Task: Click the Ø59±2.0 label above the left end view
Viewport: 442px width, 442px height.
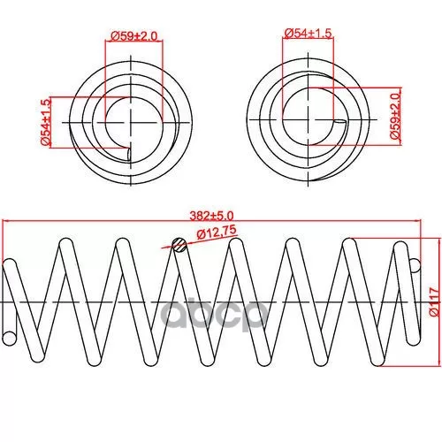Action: [x=133, y=36]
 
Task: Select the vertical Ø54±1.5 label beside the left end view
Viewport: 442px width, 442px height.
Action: [x=46, y=122]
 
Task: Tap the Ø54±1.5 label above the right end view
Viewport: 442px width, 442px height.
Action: [x=308, y=34]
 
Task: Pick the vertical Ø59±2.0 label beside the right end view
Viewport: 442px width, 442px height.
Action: [x=395, y=115]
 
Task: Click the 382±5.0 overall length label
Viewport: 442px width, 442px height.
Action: [x=211, y=216]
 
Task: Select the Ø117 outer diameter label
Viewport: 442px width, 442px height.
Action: [x=434, y=301]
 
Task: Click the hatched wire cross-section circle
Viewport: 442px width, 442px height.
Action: [x=179, y=245]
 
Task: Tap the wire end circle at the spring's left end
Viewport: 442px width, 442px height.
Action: [x=10, y=339]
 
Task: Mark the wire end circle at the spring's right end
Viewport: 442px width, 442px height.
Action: [x=414, y=265]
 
